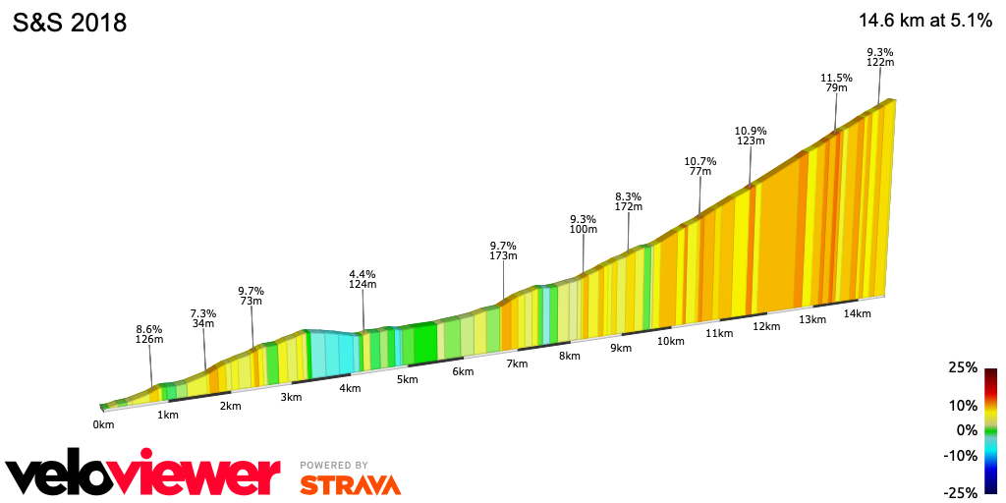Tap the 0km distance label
[x=104, y=424]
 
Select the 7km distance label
[x=517, y=364]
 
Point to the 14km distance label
[x=858, y=313]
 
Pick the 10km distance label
[x=670, y=341]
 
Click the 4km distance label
[x=350, y=388]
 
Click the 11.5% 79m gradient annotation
[x=835, y=83]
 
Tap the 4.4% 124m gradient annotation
[x=363, y=279]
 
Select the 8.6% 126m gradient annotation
[x=149, y=334]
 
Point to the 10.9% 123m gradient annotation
[x=751, y=136]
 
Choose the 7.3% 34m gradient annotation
[x=203, y=318]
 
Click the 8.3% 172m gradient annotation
[x=628, y=201]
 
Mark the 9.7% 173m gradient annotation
[x=503, y=251]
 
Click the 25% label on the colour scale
[x=964, y=367]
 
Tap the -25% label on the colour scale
[x=961, y=492]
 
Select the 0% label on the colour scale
[x=968, y=430]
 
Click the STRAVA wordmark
[x=350, y=484]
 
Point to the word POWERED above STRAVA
[x=326, y=466]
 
